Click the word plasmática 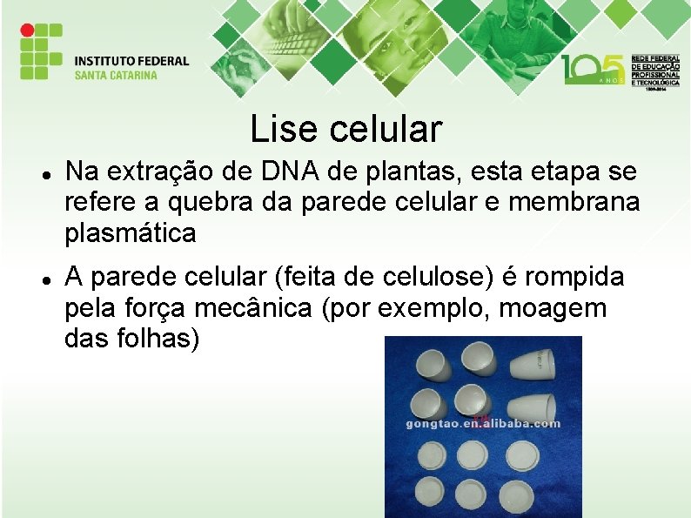[130, 233]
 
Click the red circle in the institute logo [27, 30]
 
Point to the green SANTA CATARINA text [116, 75]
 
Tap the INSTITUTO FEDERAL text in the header [131, 61]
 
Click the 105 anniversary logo [593, 68]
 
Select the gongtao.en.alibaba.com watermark [483, 424]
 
